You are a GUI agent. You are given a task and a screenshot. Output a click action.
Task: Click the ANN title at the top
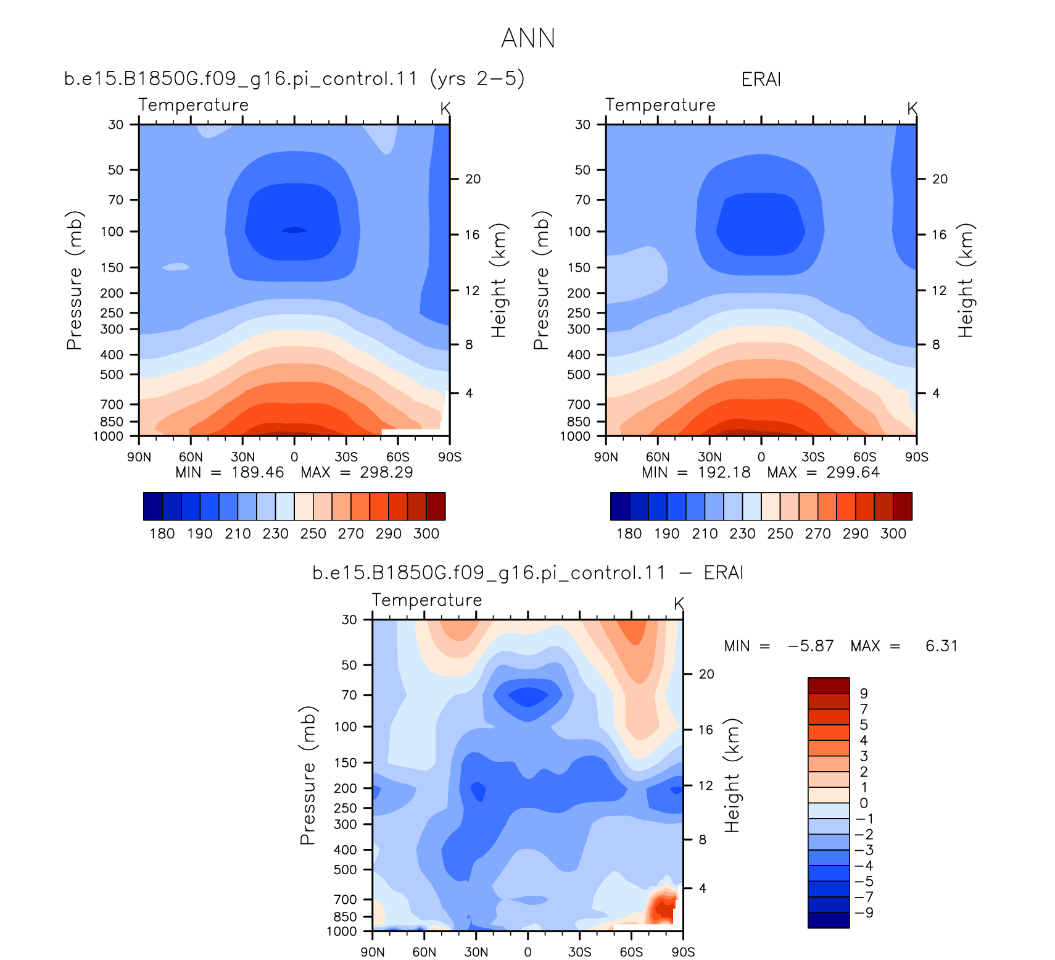click(x=528, y=38)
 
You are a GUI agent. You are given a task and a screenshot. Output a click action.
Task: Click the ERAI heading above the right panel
click(x=761, y=79)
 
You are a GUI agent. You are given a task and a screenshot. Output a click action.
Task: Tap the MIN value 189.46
click(x=257, y=472)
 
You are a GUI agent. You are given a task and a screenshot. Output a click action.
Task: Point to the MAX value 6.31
click(x=941, y=646)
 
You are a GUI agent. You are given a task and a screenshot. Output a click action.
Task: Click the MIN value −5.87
click(x=811, y=646)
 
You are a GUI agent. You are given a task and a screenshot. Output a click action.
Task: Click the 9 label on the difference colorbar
click(x=864, y=693)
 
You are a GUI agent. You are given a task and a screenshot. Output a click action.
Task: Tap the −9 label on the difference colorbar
click(x=865, y=912)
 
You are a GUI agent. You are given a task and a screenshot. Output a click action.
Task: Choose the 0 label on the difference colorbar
click(x=864, y=803)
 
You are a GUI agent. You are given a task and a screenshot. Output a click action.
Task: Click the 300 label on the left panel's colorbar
click(x=426, y=533)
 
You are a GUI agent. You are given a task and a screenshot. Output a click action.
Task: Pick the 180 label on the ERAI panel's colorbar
click(x=629, y=533)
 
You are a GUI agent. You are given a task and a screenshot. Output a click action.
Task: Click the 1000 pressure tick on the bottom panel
click(x=342, y=931)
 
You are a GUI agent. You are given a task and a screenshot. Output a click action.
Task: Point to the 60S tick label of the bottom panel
click(x=631, y=952)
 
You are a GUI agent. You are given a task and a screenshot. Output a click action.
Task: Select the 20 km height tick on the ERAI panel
click(x=940, y=179)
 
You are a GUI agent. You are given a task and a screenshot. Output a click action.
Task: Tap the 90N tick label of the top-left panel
click(x=139, y=457)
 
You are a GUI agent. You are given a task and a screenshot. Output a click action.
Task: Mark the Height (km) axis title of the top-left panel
click(x=499, y=280)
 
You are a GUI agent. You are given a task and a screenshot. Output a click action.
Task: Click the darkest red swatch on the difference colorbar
click(x=829, y=685)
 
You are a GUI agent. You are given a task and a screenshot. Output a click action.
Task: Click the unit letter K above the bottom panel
click(x=679, y=603)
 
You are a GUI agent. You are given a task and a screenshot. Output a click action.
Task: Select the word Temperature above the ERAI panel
click(x=660, y=105)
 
